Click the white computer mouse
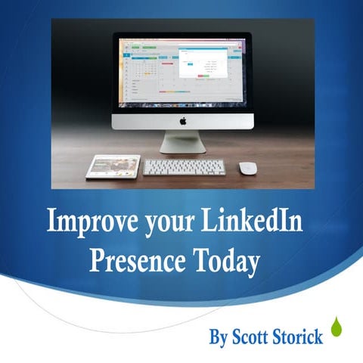pyautogui.click(x=247, y=168)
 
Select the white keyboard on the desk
pyautogui.click(x=184, y=167)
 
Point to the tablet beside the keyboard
pyautogui.click(x=113, y=166)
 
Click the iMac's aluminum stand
pyautogui.click(x=182, y=141)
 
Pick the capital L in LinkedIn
pyautogui.click(x=209, y=223)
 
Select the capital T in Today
pyautogui.click(x=199, y=261)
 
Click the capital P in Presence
pyautogui.click(x=96, y=261)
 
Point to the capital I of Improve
pyautogui.click(x=51, y=223)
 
